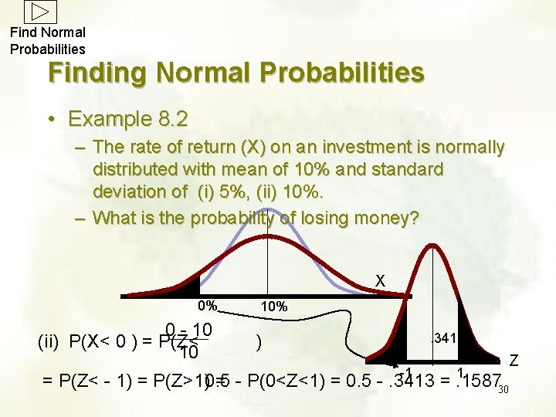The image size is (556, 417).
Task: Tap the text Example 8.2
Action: click(x=127, y=119)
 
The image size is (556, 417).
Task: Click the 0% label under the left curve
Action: click(x=207, y=304)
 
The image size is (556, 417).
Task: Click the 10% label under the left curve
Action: click(x=274, y=307)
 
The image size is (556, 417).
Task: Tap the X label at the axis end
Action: click(x=380, y=281)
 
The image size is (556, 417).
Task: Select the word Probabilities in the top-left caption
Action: click(x=48, y=49)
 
